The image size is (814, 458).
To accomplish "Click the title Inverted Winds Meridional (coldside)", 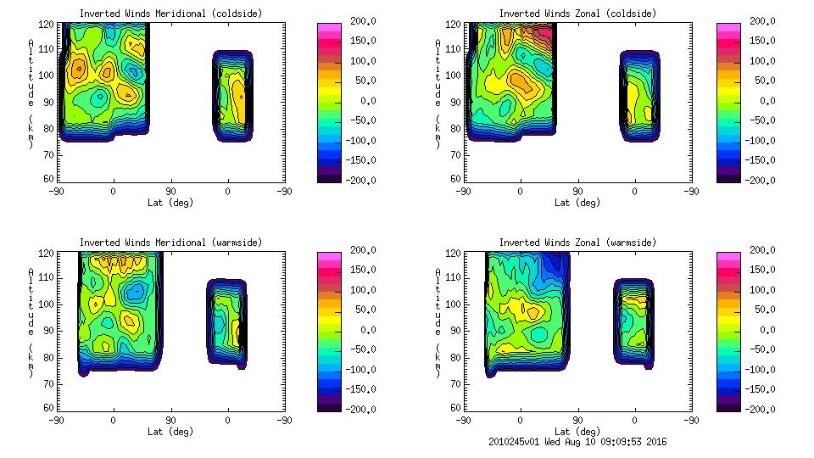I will pyautogui.click(x=171, y=14).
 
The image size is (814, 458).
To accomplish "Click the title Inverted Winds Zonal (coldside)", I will pyautogui.click(x=577, y=14).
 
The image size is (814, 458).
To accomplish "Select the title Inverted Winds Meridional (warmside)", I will pyautogui.click(x=171, y=243).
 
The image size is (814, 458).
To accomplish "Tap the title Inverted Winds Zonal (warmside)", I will pyautogui.click(x=577, y=243).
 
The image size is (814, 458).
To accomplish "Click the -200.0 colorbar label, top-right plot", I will pyautogui.click(x=756, y=180).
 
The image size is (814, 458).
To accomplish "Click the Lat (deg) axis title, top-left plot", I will pyautogui.click(x=171, y=203).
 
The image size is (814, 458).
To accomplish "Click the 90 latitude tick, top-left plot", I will pyautogui.click(x=170, y=192).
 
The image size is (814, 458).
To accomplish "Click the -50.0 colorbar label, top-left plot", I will pyautogui.click(x=358, y=120).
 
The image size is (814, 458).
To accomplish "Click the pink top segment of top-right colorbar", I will pyautogui.click(x=728, y=27).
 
